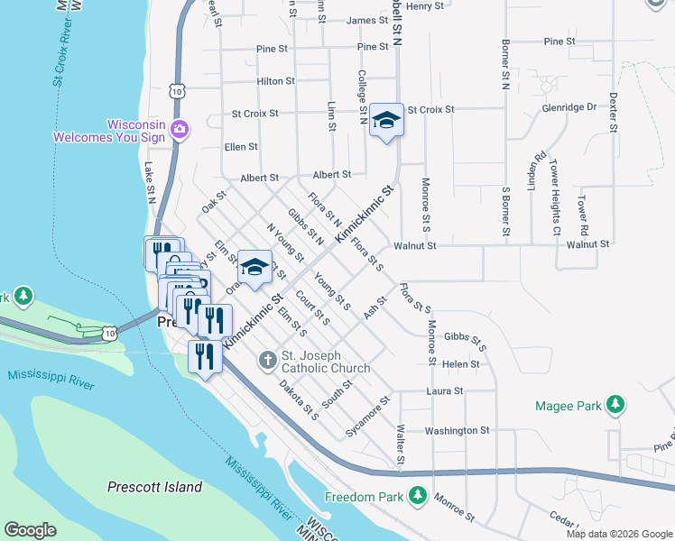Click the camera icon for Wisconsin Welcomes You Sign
click(x=180, y=130)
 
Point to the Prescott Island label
click(x=154, y=487)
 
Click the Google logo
click(x=31, y=529)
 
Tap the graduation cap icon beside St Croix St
click(x=385, y=120)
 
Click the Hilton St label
click(x=276, y=81)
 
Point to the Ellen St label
click(x=241, y=146)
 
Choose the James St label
click(x=367, y=20)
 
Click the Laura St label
click(x=445, y=391)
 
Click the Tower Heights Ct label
click(x=555, y=191)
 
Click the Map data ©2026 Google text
click(x=618, y=534)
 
